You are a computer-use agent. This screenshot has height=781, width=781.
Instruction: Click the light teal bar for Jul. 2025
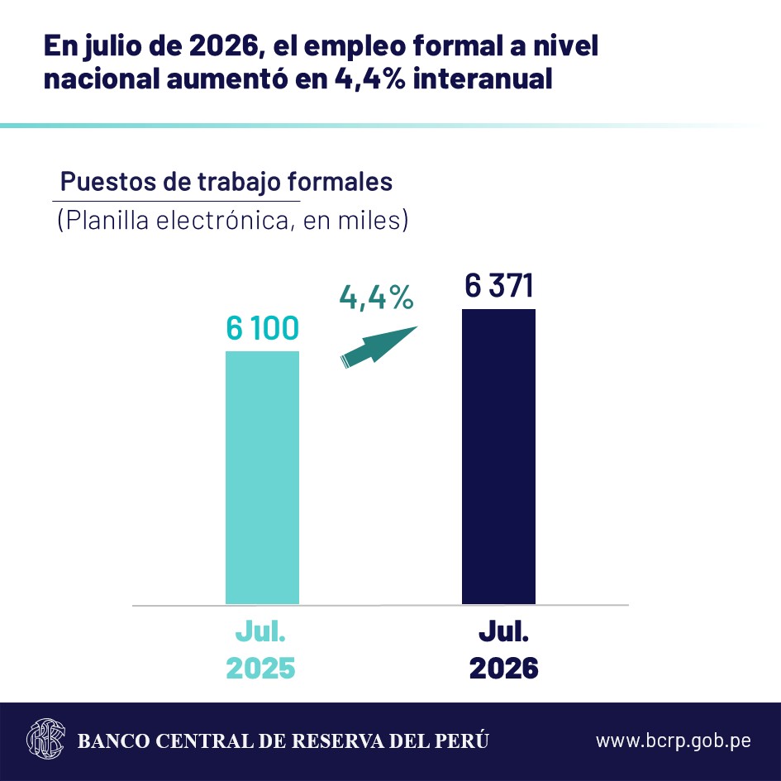(x=262, y=478)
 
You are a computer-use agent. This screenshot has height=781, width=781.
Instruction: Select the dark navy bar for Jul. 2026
(x=498, y=457)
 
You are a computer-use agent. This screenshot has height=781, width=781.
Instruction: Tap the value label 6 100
(x=263, y=328)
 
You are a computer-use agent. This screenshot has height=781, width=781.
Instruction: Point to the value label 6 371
(x=499, y=285)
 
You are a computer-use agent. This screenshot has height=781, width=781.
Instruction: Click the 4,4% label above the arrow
(x=377, y=298)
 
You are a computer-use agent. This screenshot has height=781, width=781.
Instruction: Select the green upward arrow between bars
(x=379, y=347)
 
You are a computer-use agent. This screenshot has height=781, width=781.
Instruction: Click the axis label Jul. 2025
(x=260, y=650)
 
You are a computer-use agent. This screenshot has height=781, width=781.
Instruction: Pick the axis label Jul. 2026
(x=503, y=650)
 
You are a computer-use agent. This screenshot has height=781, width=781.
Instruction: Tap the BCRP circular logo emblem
(x=45, y=739)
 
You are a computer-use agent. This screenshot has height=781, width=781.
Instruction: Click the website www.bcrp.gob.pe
(x=674, y=741)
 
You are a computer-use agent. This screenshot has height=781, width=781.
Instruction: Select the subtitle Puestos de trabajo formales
(x=226, y=181)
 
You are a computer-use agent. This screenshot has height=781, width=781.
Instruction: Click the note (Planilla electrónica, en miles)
(x=233, y=220)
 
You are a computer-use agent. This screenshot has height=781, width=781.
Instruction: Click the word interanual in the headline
(x=483, y=79)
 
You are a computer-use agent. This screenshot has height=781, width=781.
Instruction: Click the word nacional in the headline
(x=102, y=79)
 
